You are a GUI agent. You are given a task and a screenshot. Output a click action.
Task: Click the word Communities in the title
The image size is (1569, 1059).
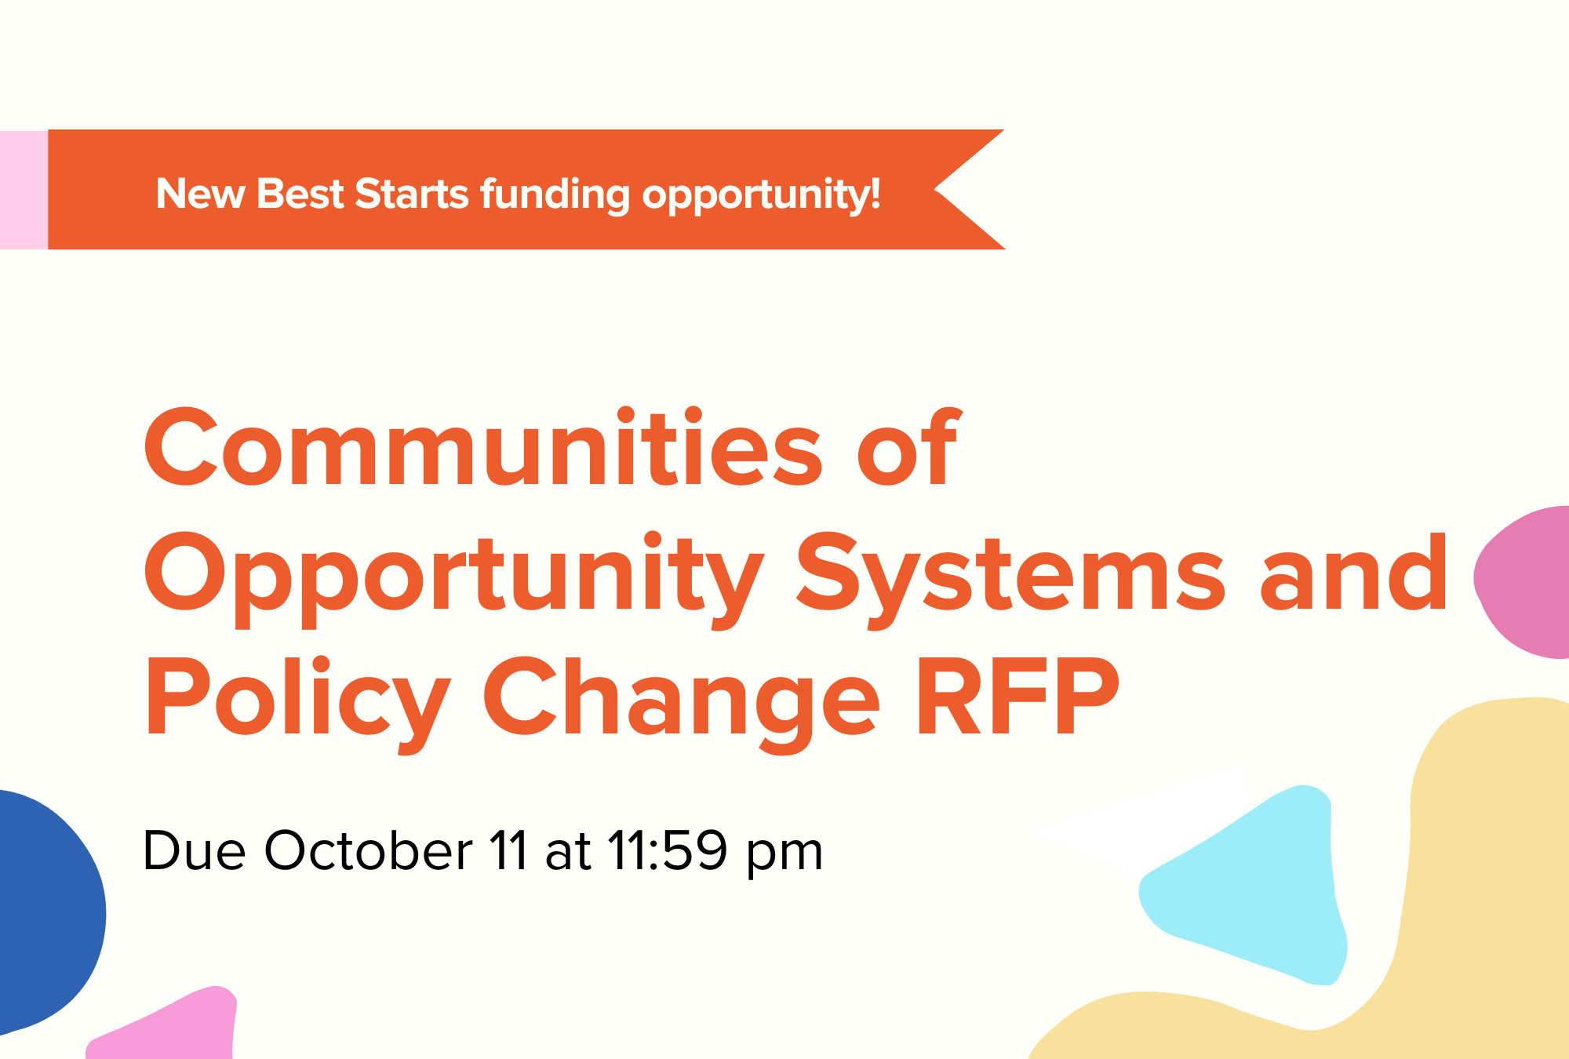click(x=482, y=447)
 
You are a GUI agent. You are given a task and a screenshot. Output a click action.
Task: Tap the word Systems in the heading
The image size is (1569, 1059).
click(x=1010, y=581)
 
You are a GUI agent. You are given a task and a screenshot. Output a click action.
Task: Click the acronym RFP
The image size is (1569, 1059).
click(x=1017, y=697)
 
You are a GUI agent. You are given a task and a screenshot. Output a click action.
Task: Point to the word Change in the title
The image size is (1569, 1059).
click(x=681, y=705)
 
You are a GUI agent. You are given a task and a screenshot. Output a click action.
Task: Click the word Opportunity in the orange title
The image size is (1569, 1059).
click(x=453, y=581)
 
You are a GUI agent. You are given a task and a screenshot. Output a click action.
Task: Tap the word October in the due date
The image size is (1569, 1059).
click(x=368, y=850)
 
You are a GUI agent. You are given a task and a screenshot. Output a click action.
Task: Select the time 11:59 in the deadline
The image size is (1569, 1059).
click(x=668, y=850)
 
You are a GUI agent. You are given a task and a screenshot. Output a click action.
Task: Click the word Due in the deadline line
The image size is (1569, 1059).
click(x=194, y=850)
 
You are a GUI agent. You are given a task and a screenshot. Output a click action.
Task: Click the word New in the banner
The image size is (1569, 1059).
click(x=200, y=194)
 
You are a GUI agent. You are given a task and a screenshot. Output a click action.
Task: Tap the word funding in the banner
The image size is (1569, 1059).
click(x=555, y=195)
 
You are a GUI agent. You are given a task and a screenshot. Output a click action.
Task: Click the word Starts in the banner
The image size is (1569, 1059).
click(x=412, y=194)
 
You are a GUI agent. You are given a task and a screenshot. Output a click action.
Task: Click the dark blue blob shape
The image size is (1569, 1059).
click(x=47, y=910)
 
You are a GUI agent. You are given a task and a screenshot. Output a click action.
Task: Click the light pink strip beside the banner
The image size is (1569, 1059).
click(x=24, y=190)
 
